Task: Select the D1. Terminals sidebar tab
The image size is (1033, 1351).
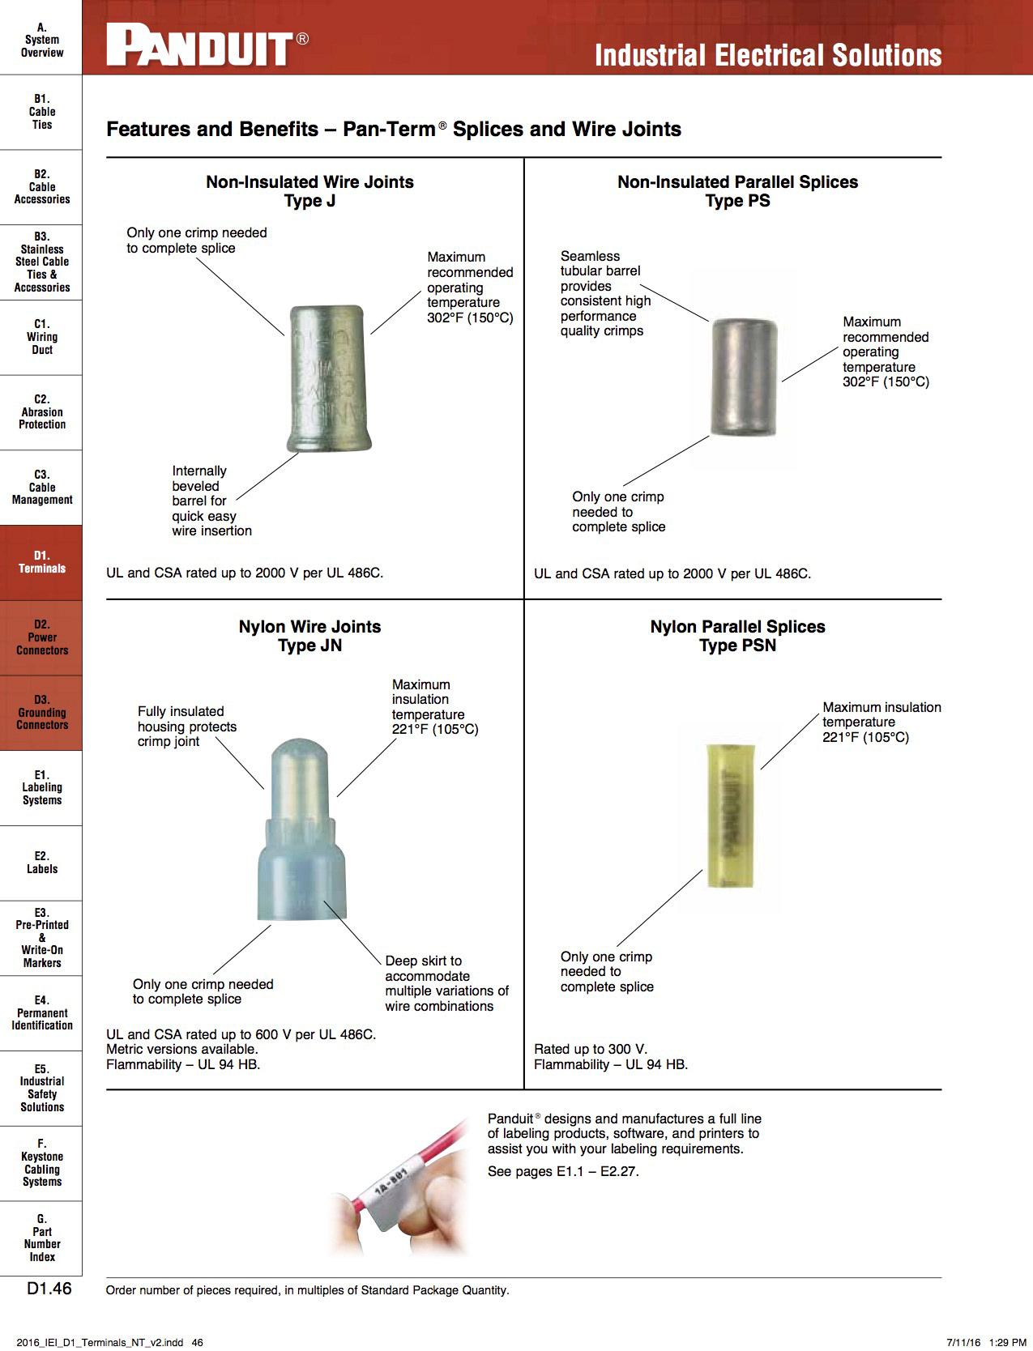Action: click(x=41, y=562)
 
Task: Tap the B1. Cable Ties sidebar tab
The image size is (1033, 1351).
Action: click(x=41, y=112)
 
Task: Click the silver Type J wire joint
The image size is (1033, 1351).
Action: click(x=328, y=377)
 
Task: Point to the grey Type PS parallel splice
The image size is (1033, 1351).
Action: click(x=744, y=377)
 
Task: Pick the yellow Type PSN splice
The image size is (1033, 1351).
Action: click(x=731, y=815)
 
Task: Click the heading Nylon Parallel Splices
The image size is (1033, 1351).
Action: click(x=737, y=627)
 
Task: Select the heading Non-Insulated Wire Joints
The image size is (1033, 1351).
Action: click(x=309, y=182)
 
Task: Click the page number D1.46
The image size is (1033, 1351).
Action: click(x=49, y=1289)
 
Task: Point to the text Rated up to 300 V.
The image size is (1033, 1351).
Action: click(x=591, y=1049)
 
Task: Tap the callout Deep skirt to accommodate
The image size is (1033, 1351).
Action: click(x=446, y=983)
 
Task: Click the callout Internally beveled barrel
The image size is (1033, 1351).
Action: click(x=211, y=501)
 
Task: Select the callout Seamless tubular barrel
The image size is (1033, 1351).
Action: click(x=605, y=293)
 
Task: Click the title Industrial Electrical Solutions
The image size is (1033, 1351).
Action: click(x=767, y=55)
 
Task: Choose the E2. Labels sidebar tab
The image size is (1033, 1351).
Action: click(x=41, y=863)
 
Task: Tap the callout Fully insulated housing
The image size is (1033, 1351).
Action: click(x=187, y=727)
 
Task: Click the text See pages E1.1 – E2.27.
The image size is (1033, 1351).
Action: click(x=563, y=1171)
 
